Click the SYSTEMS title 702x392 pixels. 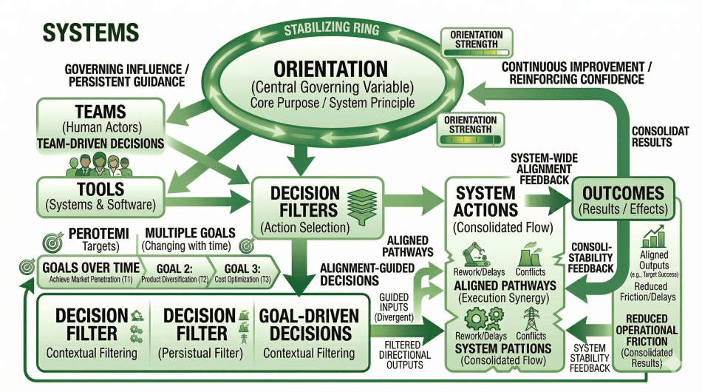click(90, 32)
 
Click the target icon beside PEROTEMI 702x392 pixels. click(54, 240)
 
